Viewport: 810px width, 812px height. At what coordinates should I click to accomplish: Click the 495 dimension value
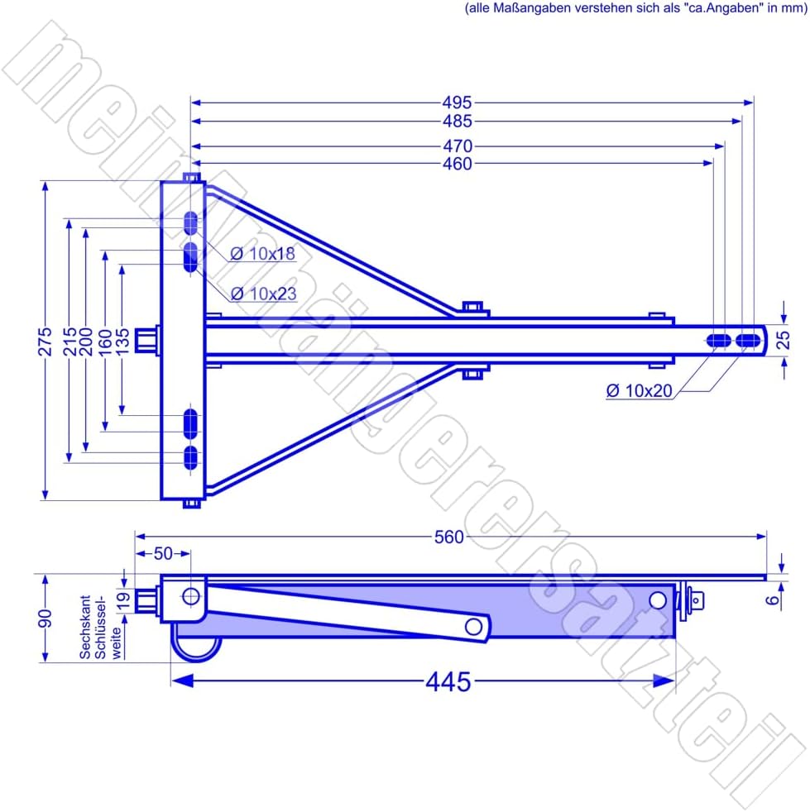(x=457, y=102)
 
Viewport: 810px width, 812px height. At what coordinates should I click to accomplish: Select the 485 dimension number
(x=457, y=122)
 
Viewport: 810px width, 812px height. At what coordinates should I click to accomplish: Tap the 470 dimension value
(x=457, y=146)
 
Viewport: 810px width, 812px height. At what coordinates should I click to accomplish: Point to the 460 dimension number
(x=457, y=164)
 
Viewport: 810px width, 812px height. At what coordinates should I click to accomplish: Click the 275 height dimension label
(x=45, y=342)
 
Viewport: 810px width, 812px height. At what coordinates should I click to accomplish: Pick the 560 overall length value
(x=448, y=537)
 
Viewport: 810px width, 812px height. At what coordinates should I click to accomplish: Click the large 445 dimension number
(x=448, y=681)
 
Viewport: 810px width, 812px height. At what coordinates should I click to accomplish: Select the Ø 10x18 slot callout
(x=263, y=254)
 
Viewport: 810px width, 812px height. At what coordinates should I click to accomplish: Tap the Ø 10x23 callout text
(x=263, y=294)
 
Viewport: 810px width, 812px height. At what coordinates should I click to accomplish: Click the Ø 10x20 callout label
(x=639, y=390)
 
